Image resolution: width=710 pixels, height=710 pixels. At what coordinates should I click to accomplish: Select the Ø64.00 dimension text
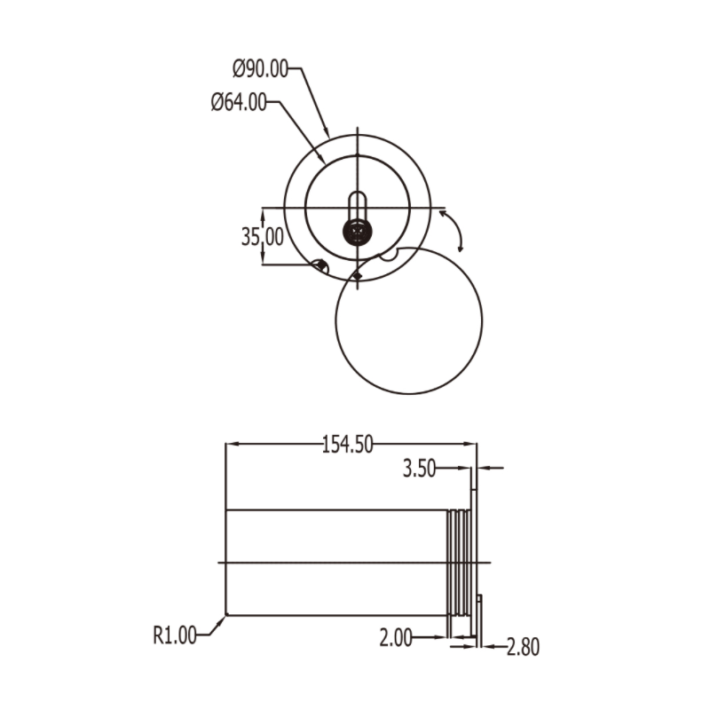[239, 102]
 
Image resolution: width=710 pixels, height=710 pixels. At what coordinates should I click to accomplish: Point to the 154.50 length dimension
[346, 445]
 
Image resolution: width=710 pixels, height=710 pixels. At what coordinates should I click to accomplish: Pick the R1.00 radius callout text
[174, 635]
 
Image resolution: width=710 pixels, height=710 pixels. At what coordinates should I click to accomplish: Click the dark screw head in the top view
[357, 232]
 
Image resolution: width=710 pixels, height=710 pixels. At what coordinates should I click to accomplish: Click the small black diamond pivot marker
[356, 277]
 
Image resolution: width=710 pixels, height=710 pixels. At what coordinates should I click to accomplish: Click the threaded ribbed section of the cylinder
[457, 563]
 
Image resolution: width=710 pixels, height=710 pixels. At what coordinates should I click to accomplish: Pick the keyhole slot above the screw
[357, 204]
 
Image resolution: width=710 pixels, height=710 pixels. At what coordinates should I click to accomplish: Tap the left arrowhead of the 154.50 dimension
[230, 445]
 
